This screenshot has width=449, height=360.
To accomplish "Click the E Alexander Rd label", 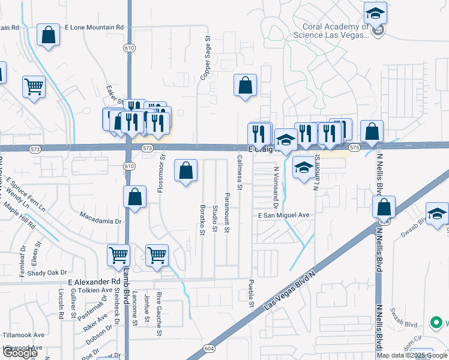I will click(x=94, y=281).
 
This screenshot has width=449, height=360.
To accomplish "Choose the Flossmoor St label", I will click(x=161, y=174).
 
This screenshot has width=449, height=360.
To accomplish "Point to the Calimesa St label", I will click(x=239, y=173).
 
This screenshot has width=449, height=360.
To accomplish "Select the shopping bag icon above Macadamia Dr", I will click(x=134, y=197).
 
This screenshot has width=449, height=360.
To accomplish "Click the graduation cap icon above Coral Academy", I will click(x=376, y=12).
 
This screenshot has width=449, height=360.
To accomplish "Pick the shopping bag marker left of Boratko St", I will click(x=186, y=170).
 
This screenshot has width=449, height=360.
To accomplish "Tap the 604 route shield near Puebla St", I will click(x=208, y=349).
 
